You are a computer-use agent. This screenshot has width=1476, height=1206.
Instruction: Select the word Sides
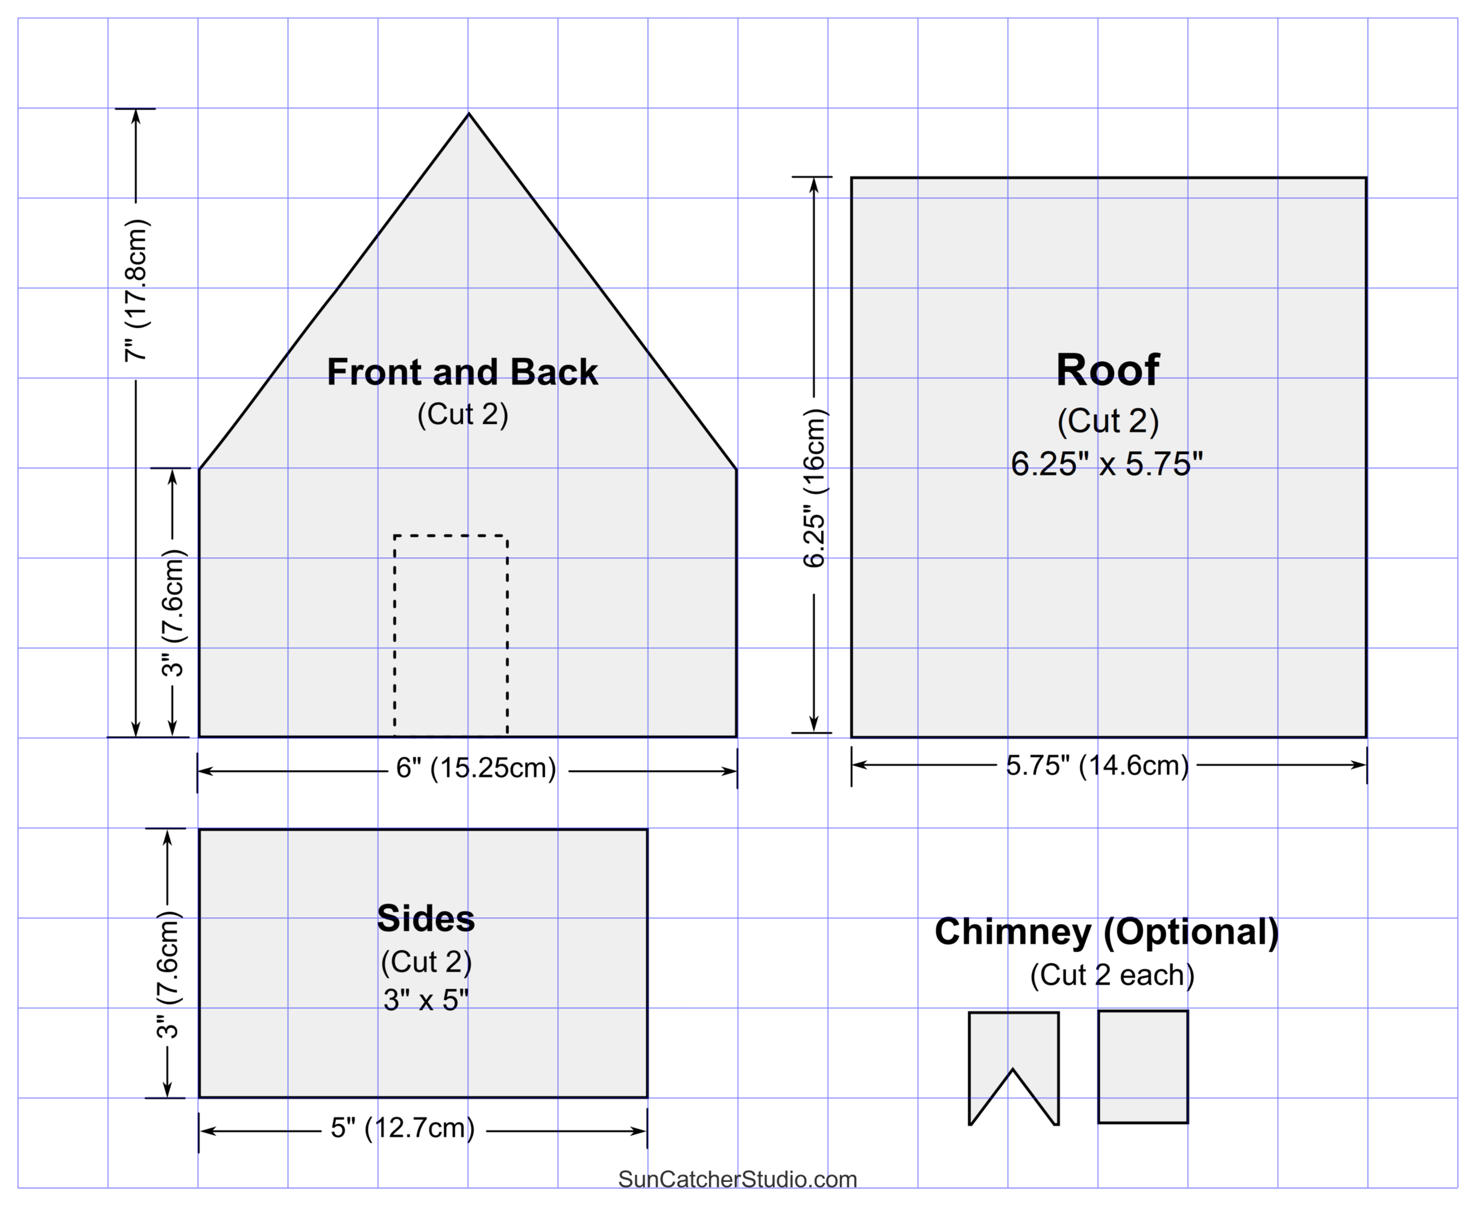(426, 918)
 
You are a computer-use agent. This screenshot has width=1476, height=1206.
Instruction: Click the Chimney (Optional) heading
(1106, 932)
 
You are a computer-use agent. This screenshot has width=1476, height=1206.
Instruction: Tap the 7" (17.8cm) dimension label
(136, 291)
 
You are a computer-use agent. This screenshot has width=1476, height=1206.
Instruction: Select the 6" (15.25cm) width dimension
(476, 768)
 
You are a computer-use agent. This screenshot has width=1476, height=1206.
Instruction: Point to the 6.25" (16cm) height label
(814, 488)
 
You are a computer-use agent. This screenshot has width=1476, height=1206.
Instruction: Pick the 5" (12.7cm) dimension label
(403, 1128)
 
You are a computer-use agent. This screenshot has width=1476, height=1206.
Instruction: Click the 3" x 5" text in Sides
(426, 1000)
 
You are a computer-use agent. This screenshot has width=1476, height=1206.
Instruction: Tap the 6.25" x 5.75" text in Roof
(1106, 463)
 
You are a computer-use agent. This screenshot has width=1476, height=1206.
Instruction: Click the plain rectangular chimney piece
(1143, 1066)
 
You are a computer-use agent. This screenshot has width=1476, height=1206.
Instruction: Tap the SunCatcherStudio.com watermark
(737, 1179)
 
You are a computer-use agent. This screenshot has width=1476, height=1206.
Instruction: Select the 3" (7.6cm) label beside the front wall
(173, 613)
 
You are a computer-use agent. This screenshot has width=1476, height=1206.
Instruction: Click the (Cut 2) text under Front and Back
(462, 414)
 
